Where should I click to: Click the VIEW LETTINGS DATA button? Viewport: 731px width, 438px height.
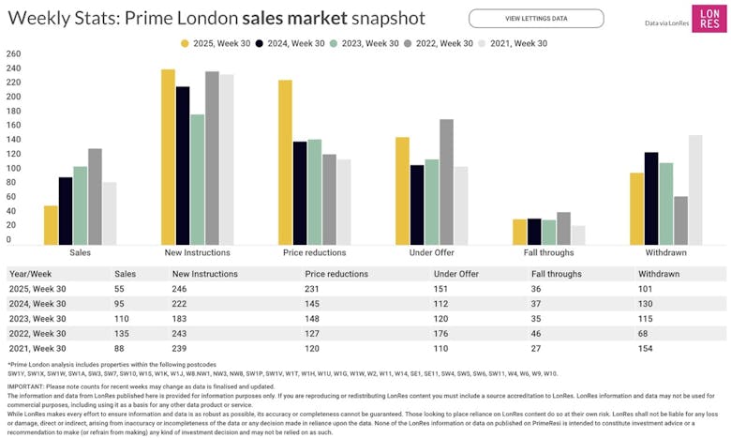click(536, 18)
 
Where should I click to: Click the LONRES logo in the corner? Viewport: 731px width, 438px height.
click(708, 19)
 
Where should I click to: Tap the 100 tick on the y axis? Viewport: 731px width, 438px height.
click(13, 168)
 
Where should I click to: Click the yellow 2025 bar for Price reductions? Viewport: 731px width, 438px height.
click(285, 162)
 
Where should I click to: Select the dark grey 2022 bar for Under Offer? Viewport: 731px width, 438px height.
click(446, 182)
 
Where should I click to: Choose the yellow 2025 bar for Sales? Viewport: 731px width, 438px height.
click(51, 225)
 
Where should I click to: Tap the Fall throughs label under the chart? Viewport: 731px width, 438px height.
click(548, 253)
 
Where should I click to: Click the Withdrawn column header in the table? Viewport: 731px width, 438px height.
click(659, 274)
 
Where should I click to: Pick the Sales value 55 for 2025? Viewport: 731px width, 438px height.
click(119, 289)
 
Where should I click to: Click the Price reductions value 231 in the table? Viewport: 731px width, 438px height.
click(313, 289)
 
